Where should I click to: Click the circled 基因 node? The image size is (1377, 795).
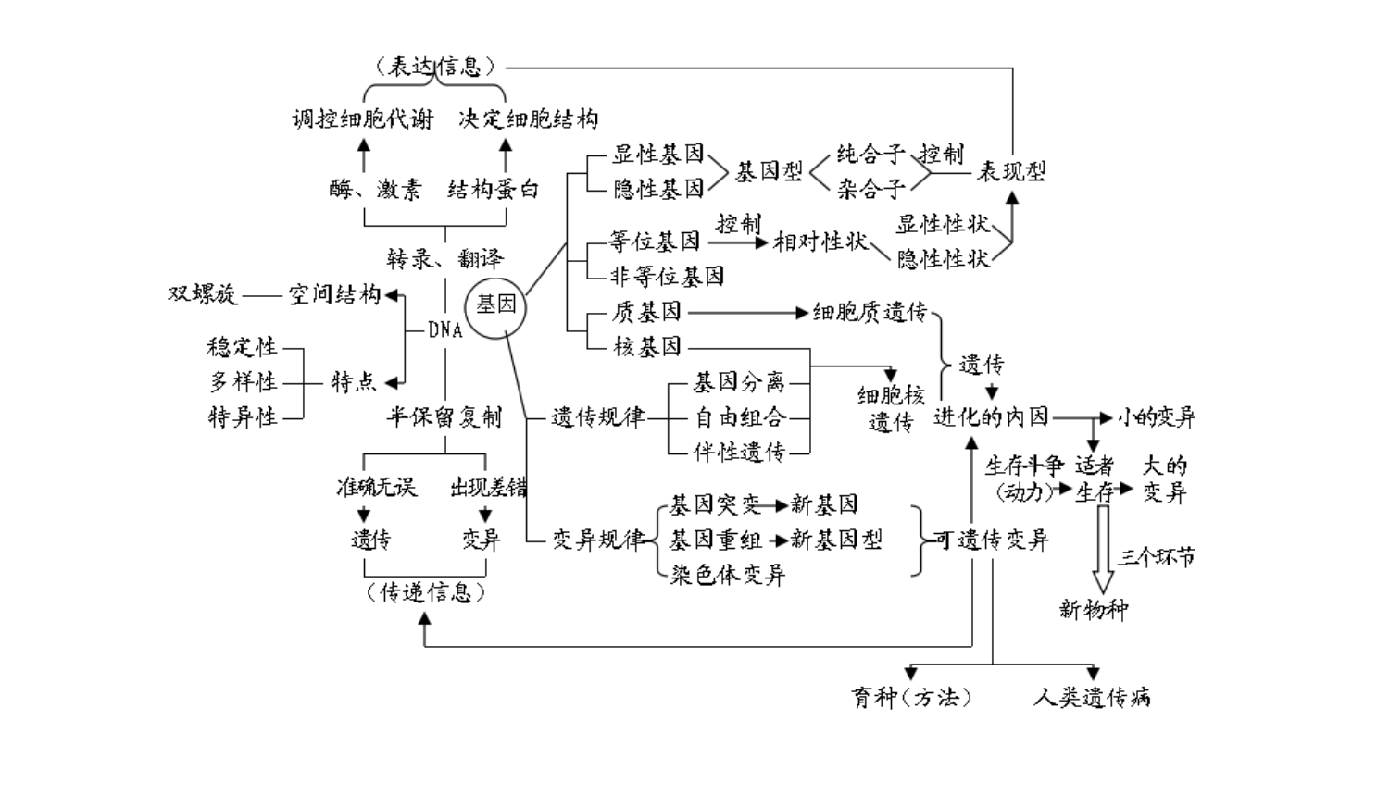tap(495, 306)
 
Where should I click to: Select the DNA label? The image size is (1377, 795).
tap(444, 329)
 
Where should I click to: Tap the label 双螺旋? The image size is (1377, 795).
tap(202, 294)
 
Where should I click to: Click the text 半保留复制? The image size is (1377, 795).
tap(444, 416)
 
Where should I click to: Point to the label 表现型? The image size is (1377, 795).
tap(1010, 171)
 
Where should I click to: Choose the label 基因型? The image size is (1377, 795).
tap(768, 171)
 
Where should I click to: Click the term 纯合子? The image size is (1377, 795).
tap(870, 154)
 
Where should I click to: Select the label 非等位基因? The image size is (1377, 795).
tap(667, 276)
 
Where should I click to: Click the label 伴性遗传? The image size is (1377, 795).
tap(739, 452)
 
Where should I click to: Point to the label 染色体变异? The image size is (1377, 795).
tap(727, 575)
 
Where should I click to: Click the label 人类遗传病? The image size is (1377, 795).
tap(1092, 697)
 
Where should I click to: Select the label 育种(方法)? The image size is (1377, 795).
tap(911, 697)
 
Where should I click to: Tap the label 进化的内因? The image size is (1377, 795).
tap(991, 417)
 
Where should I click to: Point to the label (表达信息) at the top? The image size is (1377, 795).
tap(435, 67)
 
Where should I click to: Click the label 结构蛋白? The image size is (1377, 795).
tap(493, 189)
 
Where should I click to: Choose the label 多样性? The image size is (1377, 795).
tap(243, 381)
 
